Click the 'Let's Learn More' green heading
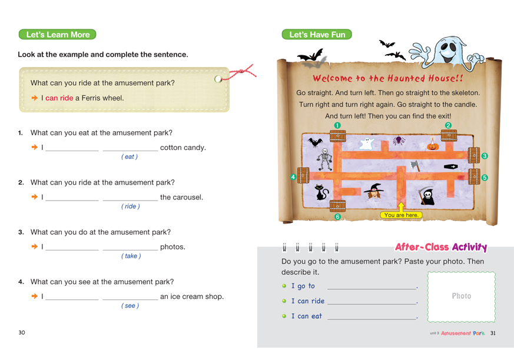click(x=57, y=34)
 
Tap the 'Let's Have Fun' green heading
click(x=317, y=34)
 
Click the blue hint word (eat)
click(x=130, y=156)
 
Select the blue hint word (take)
click(x=131, y=256)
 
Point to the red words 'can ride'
click(x=59, y=98)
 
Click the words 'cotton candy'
click(x=183, y=148)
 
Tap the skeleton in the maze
click(x=324, y=159)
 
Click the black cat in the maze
click(x=321, y=192)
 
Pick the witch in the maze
click(x=373, y=191)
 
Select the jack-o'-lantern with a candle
click(x=433, y=145)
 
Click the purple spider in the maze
click(x=398, y=140)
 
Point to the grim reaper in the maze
click(x=427, y=196)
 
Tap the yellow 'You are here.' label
click(x=401, y=215)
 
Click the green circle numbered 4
click(x=293, y=177)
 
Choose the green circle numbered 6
click(x=337, y=216)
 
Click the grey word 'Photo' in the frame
click(x=461, y=296)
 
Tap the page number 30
click(x=22, y=332)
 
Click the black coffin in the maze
click(x=450, y=166)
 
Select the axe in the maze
click(x=415, y=166)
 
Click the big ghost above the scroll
click(x=446, y=52)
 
